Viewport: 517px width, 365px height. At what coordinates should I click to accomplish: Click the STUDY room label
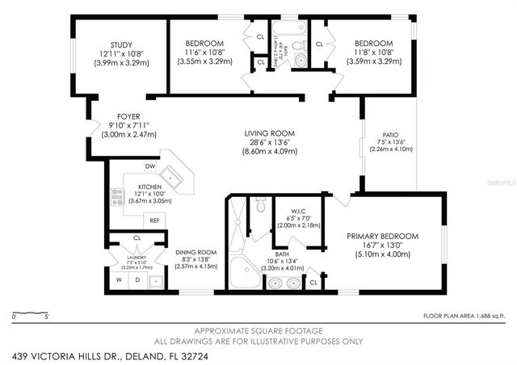point(120,44)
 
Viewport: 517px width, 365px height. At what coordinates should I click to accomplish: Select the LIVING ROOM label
point(270,133)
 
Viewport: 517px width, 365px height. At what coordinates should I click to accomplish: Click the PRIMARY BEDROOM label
point(382,236)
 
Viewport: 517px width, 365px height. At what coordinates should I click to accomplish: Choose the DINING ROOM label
point(195,252)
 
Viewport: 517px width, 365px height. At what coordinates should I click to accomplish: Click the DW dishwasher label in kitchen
point(150,166)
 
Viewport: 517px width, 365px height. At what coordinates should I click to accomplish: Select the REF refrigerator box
point(154,220)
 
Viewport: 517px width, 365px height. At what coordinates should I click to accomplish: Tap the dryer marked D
point(137,280)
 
